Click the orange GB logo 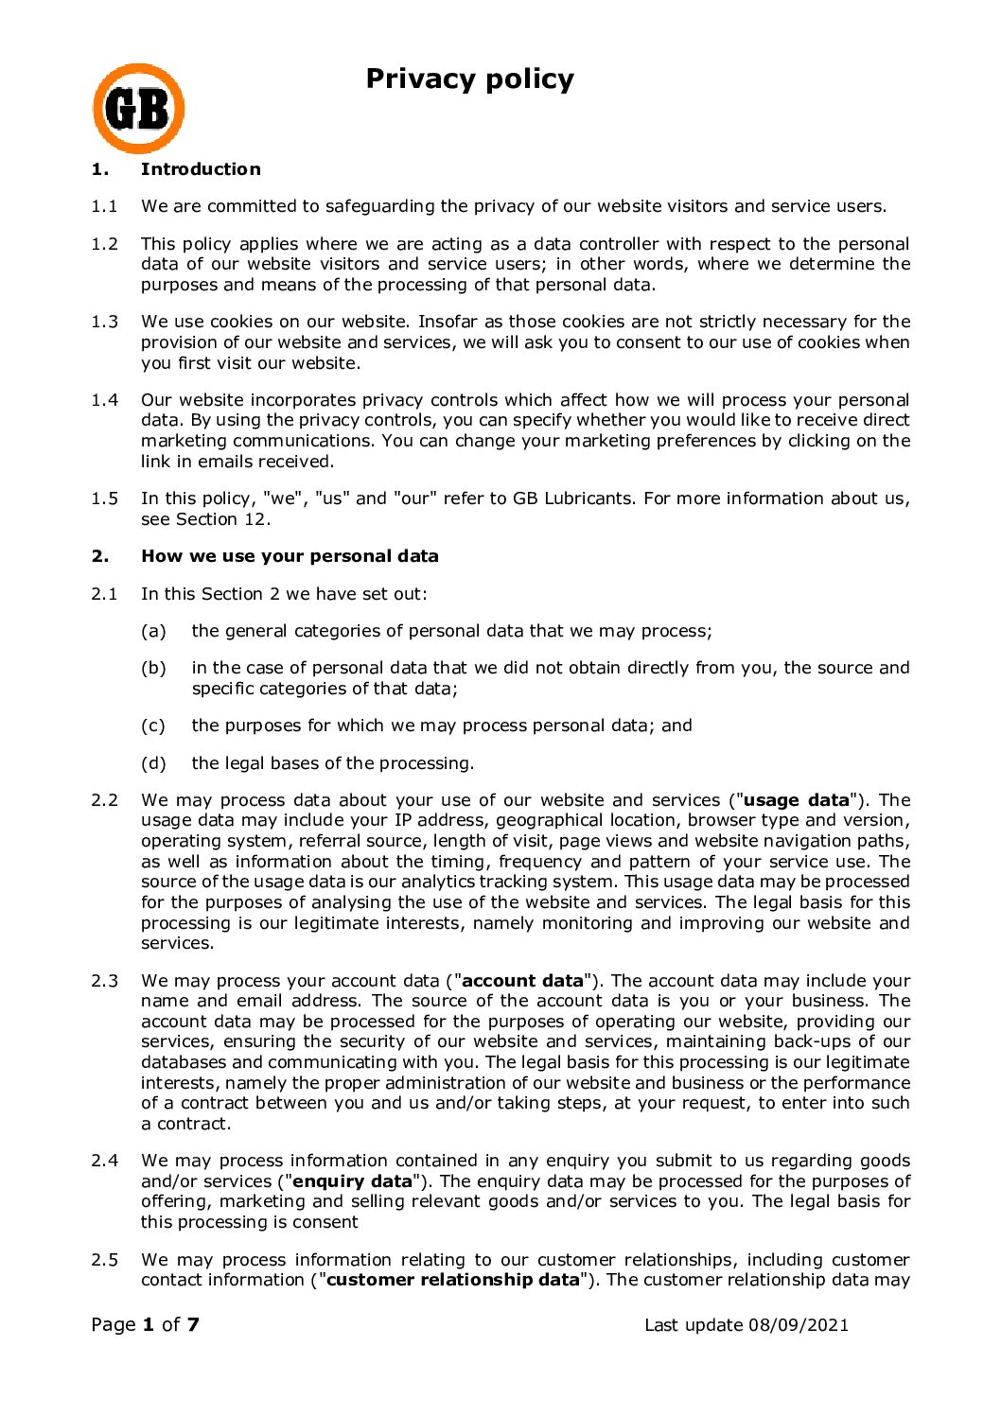(138, 109)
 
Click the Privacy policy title (469, 79)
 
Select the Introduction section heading (201, 169)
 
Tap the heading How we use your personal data (290, 556)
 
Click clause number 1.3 (104, 322)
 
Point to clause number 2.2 (104, 800)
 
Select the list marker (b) (153, 668)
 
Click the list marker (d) (153, 763)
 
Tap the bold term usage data (797, 800)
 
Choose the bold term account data (522, 981)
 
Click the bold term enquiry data (353, 1181)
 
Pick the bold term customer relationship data (452, 1280)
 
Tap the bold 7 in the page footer (193, 1324)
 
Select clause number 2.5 (104, 1260)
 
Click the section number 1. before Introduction (99, 169)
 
